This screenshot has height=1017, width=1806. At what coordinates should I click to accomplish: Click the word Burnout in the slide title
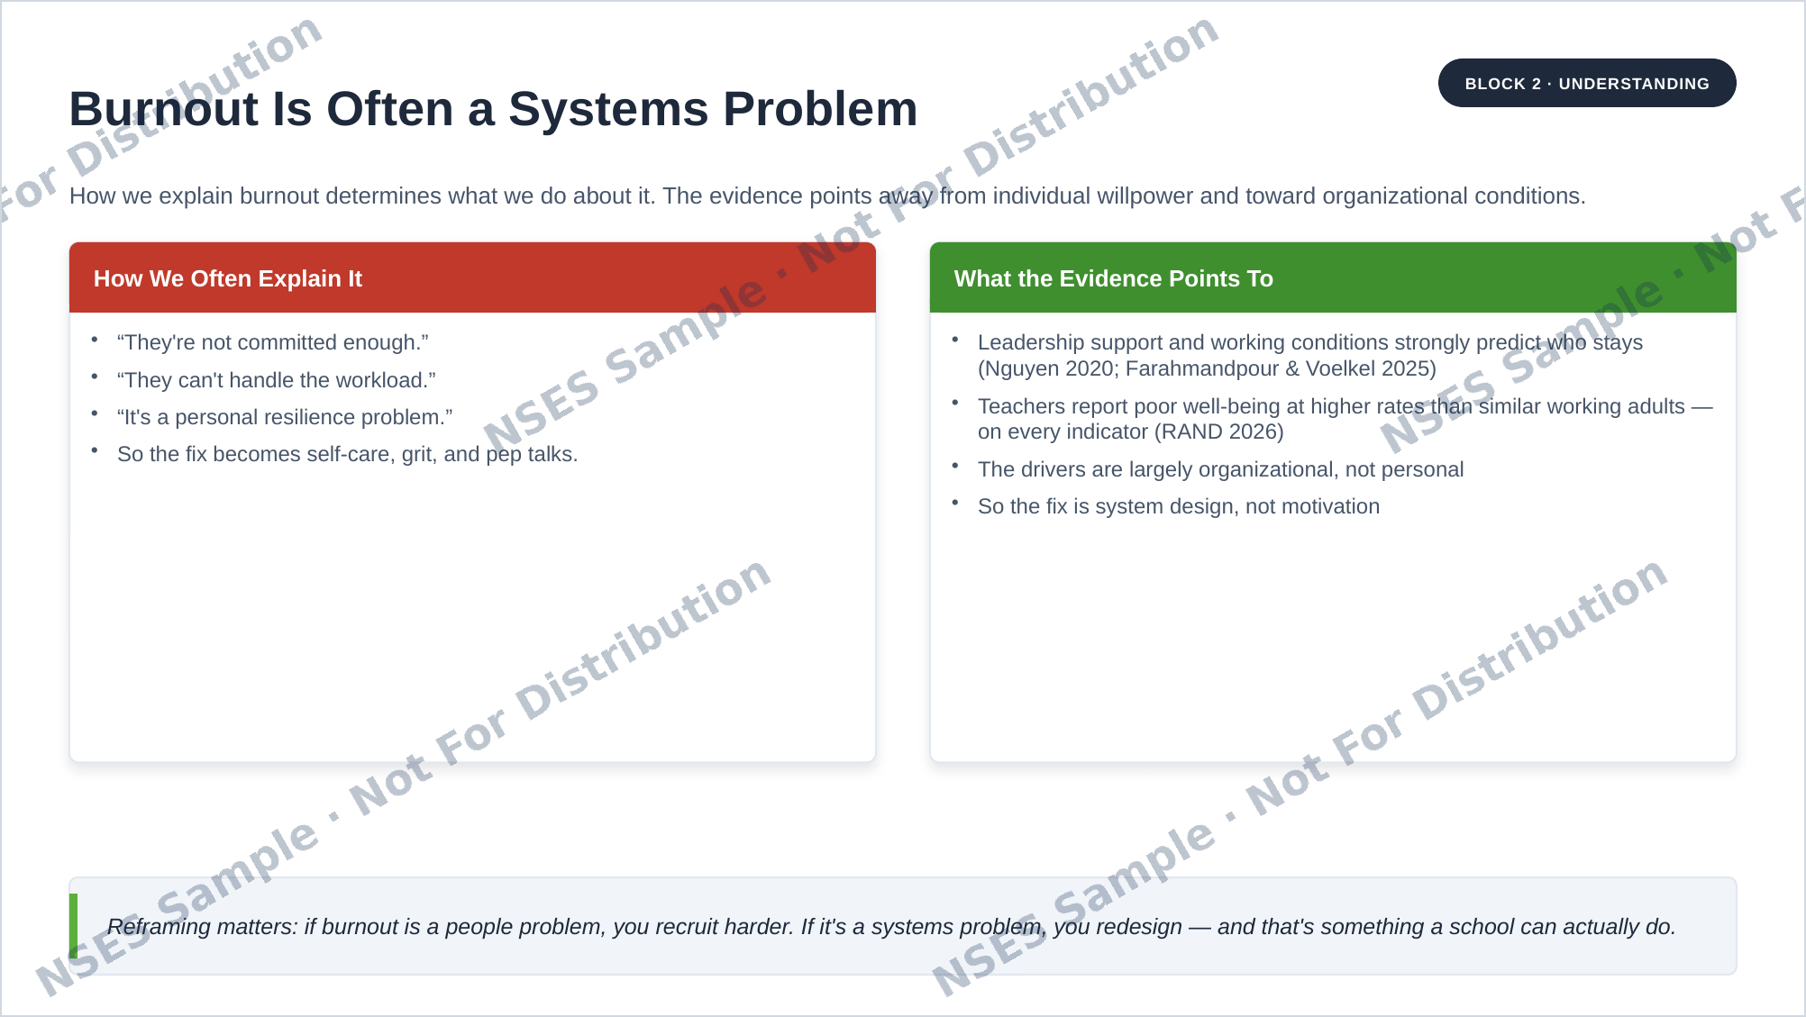[x=164, y=109]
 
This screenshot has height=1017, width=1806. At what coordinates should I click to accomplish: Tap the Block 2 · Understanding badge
[x=1587, y=83]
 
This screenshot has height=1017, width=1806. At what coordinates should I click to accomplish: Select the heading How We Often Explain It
[x=228, y=278]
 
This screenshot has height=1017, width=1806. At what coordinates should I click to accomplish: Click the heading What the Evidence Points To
[x=1114, y=278]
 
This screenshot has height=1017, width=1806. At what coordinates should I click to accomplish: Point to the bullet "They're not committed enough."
[x=273, y=342]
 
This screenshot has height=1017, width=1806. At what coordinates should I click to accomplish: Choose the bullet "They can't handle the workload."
[x=277, y=380]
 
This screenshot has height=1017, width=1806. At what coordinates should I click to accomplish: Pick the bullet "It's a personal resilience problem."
[x=285, y=417]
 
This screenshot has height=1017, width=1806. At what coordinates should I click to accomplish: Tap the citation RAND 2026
[x=1220, y=431]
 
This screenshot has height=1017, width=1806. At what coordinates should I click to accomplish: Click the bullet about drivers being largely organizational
[x=1221, y=469]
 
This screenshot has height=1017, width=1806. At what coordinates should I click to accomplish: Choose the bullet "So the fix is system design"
[x=1179, y=506]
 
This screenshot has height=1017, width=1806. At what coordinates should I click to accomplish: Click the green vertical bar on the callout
[x=73, y=926]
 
